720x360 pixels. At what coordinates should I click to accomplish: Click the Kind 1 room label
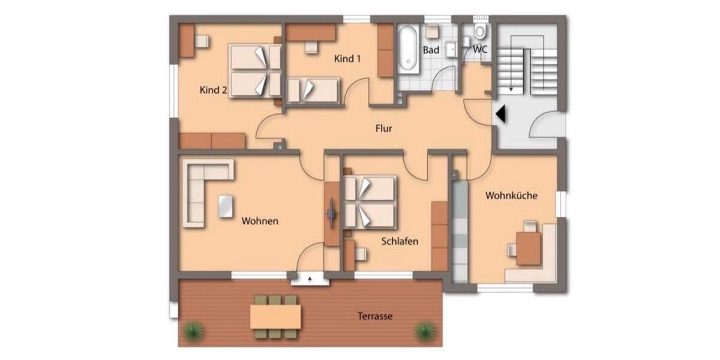[348, 59]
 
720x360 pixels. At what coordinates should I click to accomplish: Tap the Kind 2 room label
[213, 91]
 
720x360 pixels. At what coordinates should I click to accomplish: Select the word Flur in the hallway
[383, 128]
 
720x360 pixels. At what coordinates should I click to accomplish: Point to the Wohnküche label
[511, 196]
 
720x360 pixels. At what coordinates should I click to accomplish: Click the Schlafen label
[400, 242]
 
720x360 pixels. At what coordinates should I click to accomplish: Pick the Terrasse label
[374, 316]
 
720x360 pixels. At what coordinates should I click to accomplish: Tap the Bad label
[431, 50]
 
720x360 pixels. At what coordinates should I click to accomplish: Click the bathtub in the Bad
[408, 48]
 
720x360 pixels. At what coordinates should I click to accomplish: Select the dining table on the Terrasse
[275, 316]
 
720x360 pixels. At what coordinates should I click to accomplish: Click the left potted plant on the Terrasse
[194, 329]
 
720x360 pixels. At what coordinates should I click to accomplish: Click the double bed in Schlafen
[370, 202]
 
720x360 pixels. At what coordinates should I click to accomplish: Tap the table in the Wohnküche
[529, 247]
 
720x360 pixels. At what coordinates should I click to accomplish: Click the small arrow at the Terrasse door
[310, 279]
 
